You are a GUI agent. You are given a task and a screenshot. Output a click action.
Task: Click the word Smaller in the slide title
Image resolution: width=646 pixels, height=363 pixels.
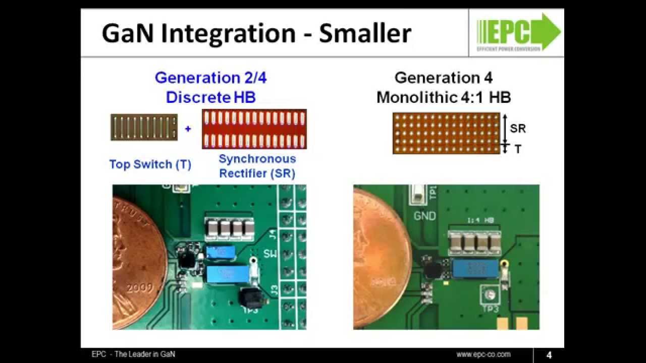[365, 33]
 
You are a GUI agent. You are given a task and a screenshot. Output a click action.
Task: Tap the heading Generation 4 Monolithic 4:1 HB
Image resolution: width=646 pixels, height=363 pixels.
[444, 87]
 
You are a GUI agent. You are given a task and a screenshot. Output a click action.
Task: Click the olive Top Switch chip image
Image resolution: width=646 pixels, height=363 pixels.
[144, 128]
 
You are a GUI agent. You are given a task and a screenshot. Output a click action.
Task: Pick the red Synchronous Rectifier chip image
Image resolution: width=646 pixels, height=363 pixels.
[254, 129]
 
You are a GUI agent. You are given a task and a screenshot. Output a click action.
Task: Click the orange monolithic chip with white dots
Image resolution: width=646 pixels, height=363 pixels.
[446, 133]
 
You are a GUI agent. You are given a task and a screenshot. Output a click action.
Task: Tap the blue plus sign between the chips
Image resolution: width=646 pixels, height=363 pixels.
[188, 129]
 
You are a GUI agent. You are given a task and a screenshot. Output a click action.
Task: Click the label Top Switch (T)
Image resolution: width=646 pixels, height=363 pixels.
[150, 164]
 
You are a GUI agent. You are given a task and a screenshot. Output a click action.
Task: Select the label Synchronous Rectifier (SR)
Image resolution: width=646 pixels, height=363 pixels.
[257, 166]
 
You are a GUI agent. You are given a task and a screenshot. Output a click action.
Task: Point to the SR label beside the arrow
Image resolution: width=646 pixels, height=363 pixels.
[518, 129]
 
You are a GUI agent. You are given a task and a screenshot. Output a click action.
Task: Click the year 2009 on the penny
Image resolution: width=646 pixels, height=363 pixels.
[140, 288]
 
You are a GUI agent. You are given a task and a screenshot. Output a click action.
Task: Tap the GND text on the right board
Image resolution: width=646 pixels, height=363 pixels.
[424, 216]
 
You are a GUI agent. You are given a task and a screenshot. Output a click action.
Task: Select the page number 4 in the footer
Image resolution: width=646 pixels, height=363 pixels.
[549, 355]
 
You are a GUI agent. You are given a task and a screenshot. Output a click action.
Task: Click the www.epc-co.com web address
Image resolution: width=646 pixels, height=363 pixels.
[483, 354]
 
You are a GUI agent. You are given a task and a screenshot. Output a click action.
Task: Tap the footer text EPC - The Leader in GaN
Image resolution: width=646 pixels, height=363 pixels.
[130, 354]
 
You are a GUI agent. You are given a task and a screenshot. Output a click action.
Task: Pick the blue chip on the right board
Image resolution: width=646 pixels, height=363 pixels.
[475, 269]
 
